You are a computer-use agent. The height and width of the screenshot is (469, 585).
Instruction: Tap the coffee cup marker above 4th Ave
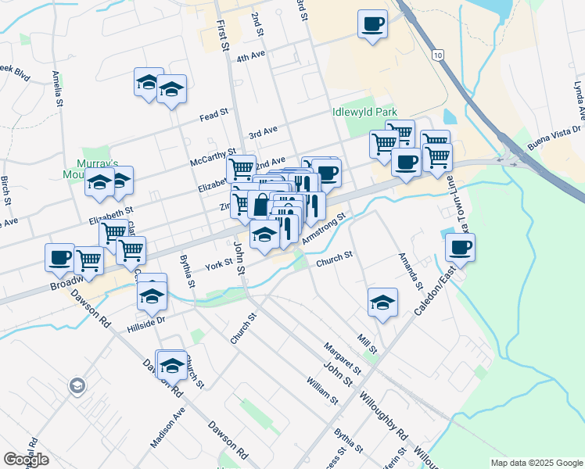tap(372, 23)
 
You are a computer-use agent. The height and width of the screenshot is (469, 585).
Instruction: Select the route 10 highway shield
tap(437, 54)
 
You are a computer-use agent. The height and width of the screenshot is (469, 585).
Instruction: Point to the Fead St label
tap(213, 114)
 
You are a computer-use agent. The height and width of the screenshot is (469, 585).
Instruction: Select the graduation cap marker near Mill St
tap(382, 303)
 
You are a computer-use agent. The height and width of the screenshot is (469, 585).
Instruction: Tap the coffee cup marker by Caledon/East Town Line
tap(460, 248)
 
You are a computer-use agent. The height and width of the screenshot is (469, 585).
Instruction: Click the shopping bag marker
tap(259, 207)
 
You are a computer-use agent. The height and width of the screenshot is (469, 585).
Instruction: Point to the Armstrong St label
tap(323, 228)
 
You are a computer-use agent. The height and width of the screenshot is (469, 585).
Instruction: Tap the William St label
tap(322, 389)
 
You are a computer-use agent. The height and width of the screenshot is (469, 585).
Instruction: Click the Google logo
tap(27, 460)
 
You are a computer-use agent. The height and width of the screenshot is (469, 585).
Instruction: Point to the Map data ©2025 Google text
tap(536, 463)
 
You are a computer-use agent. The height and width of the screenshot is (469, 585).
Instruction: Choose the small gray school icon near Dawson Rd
tap(77, 385)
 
